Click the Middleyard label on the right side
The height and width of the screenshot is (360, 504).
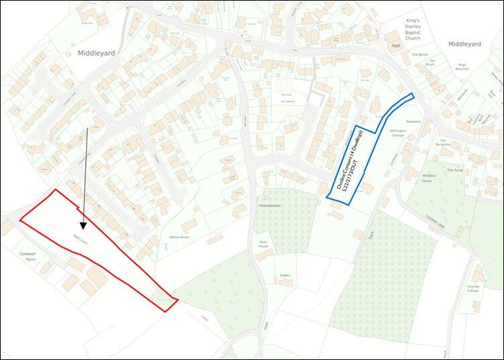pos(464,44)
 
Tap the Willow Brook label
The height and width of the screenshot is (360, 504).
pos(181,238)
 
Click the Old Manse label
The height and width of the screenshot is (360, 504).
pos(419,54)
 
